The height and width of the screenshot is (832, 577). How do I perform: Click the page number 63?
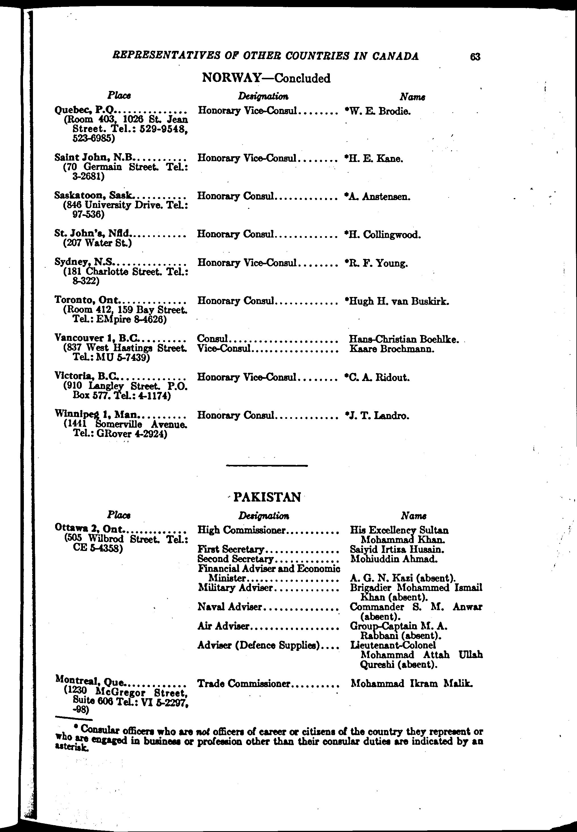[475, 57]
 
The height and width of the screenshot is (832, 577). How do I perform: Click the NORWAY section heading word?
[231, 78]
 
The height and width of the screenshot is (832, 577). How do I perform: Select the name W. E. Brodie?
[378, 111]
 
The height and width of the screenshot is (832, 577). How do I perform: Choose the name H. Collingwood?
[383, 235]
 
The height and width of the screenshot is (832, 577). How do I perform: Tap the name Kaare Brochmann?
[392, 349]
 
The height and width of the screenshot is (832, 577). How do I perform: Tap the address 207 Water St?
[97, 243]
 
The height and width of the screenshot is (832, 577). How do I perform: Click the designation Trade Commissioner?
[244, 683]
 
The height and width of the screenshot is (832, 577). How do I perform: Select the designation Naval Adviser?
[230, 607]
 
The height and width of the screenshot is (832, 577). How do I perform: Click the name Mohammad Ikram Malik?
[411, 683]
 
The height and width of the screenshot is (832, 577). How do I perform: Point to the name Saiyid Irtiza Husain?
[397, 549]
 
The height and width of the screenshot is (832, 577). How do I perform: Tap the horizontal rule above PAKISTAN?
[267, 465]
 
